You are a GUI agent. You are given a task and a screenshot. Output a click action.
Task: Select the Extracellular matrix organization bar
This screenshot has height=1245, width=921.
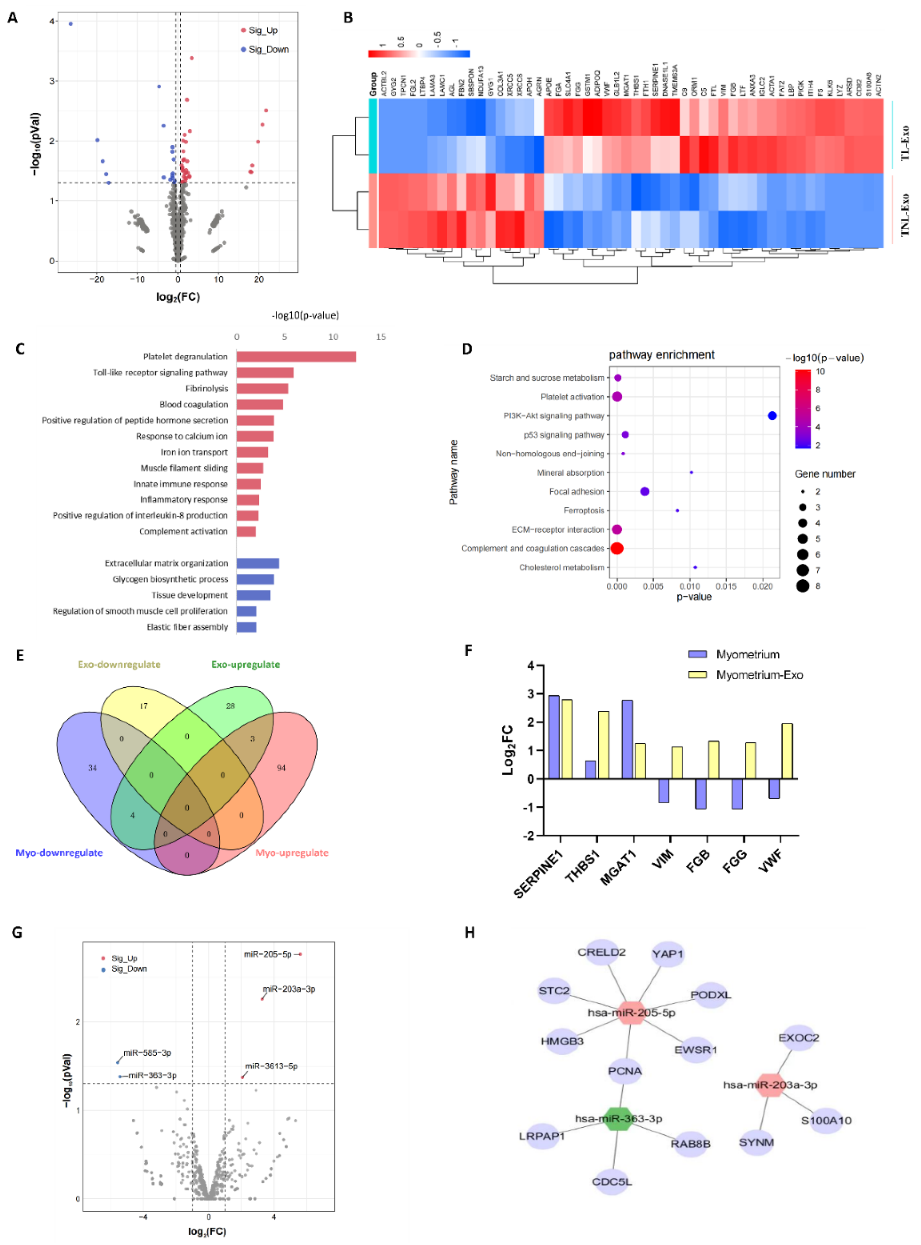pos(258,564)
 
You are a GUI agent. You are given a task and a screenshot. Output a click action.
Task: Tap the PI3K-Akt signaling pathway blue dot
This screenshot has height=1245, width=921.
pos(771,416)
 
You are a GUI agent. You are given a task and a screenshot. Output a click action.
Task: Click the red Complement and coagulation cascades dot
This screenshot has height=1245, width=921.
pos(617,548)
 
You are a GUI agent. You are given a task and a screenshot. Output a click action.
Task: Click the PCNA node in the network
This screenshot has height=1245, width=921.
pos(625,1071)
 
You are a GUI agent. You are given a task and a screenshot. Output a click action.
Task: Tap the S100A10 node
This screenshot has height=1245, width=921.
pos(826,1120)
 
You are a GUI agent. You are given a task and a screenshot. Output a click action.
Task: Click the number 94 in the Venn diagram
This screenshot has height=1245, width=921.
pos(281,768)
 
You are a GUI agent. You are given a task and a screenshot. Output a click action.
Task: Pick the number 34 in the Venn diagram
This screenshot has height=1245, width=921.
pos(92,768)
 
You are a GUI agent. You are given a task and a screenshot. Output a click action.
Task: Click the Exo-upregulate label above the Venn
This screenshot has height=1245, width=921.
pos(245,664)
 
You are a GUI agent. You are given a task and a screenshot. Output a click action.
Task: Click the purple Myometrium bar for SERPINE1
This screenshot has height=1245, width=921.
pos(554,736)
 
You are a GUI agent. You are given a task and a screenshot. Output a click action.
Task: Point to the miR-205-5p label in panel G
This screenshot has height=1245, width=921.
pos(268,954)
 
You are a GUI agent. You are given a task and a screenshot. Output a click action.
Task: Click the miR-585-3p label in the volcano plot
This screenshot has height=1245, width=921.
pos(147,1053)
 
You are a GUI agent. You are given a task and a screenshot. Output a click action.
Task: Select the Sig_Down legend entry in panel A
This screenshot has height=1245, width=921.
pos(268,50)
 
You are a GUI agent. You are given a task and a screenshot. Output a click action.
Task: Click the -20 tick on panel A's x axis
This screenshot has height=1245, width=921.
pos(97,279)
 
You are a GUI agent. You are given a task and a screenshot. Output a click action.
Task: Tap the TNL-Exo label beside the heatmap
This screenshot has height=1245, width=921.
pos(904,215)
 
